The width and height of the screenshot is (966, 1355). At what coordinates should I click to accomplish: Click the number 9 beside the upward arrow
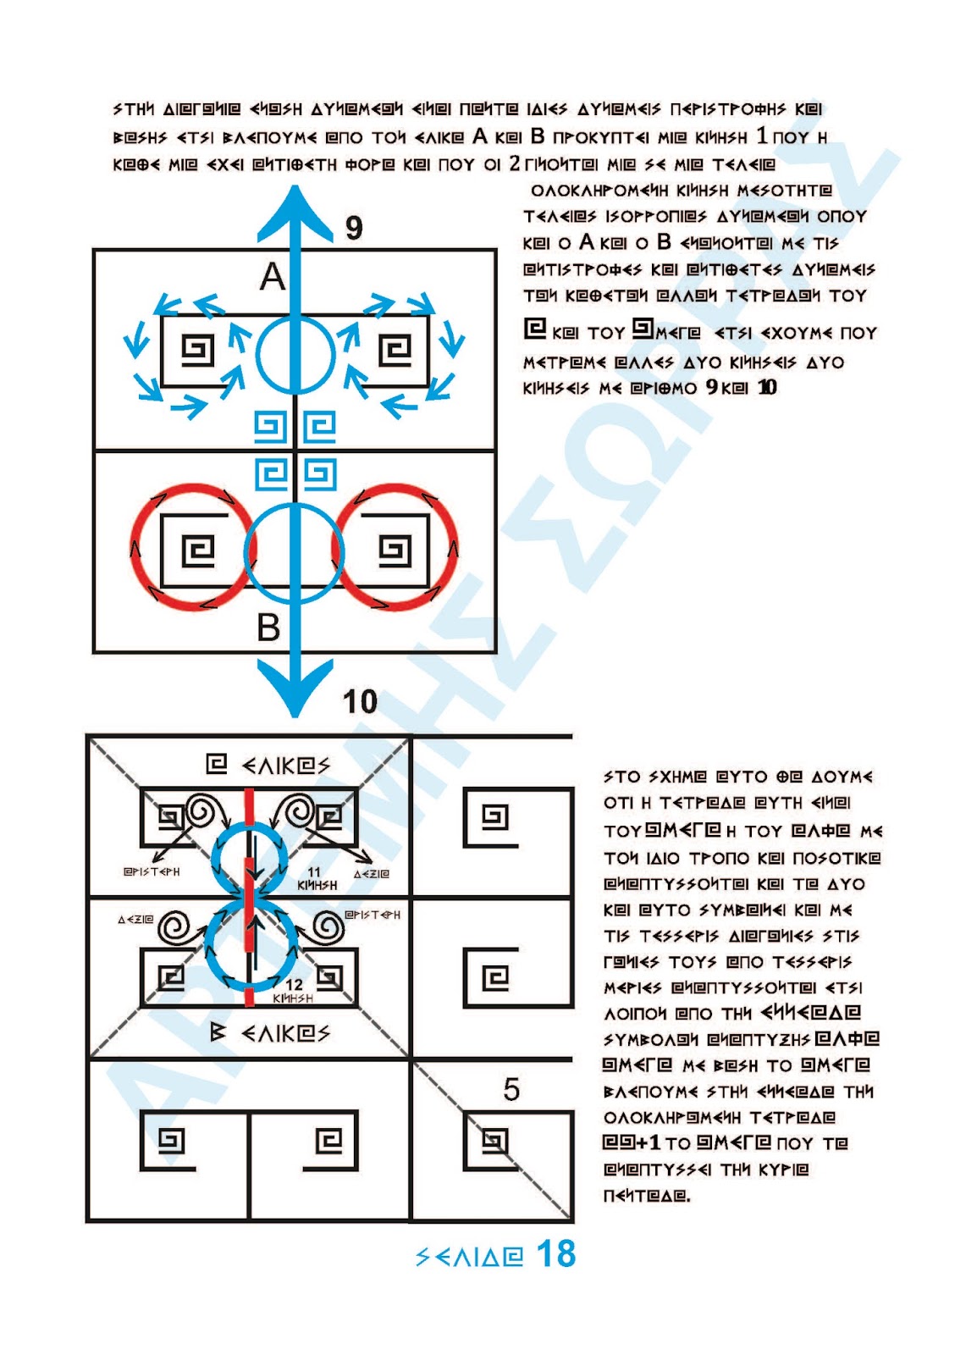[x=354, y=228]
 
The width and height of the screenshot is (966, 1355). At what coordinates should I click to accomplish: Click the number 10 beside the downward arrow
[x=360, y=701]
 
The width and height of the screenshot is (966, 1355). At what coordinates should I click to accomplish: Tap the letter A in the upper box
[x=272, y=277]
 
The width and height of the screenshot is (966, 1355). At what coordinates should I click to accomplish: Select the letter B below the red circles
[x=268, y=628]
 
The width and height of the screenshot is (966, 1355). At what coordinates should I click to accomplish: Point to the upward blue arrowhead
[x=295, y=212]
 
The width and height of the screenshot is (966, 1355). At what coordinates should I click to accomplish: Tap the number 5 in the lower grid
[x=511, y=1089]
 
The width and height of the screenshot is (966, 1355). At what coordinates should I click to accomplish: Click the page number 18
[x=556, y=1254]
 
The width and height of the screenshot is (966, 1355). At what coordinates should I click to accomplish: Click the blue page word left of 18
[x=470, y=1256]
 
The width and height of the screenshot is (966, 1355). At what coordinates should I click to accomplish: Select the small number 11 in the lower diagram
[x=314, y=872]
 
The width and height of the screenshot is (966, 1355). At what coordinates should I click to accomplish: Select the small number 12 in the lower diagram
[x=294, y=984]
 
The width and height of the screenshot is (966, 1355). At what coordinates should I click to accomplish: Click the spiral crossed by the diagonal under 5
[x=494, y=1142]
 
